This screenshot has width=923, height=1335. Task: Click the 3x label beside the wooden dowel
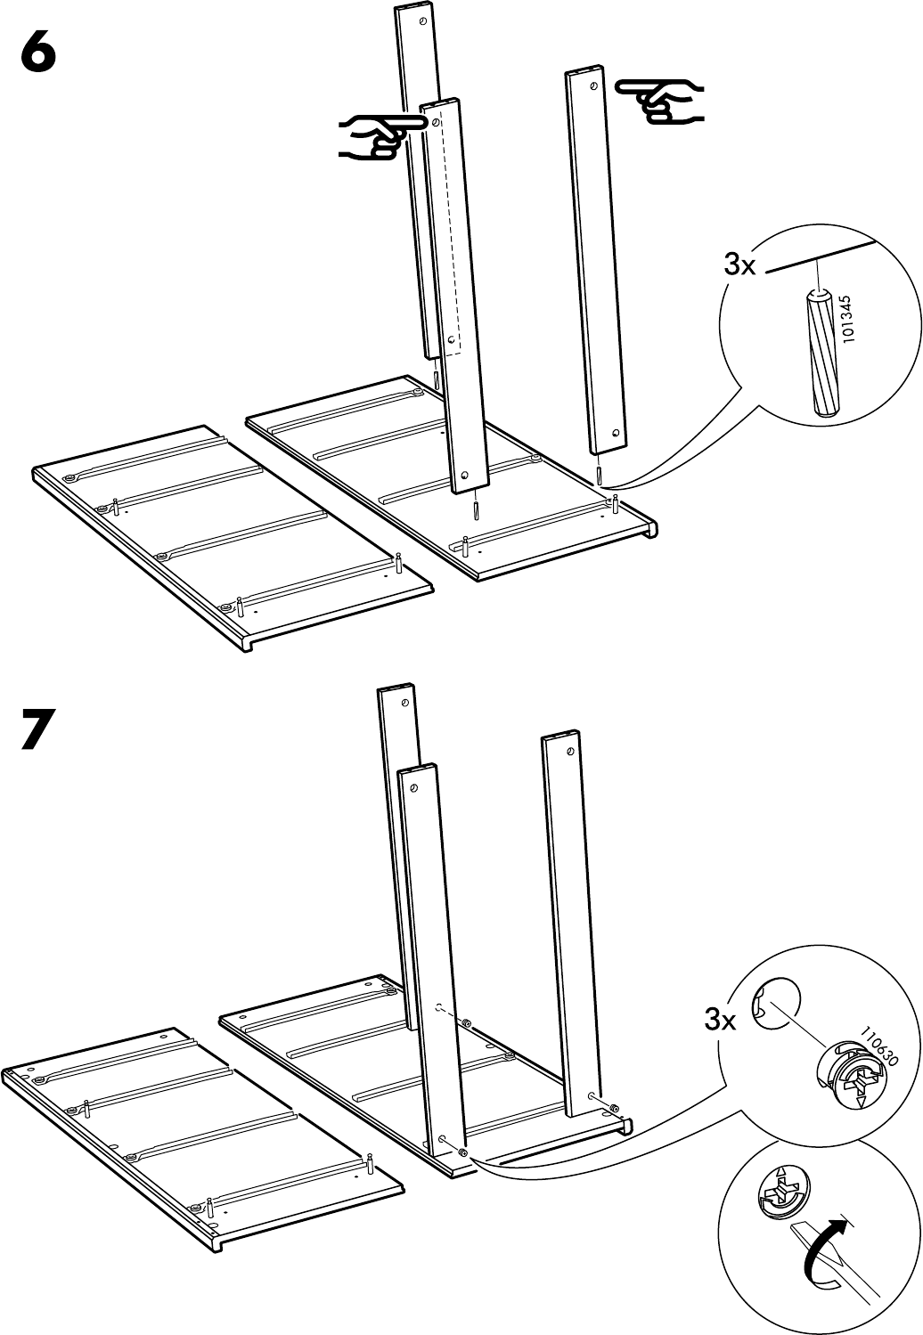pos(739,265)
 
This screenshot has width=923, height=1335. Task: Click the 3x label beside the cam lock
pos(720,1020)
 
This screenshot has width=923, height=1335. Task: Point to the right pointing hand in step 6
pos(659,102)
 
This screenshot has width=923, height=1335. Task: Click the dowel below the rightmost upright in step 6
pos(598,476)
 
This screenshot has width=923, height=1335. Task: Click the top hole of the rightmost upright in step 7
pos(568,753)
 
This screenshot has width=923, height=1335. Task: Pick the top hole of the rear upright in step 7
pos(404,703)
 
